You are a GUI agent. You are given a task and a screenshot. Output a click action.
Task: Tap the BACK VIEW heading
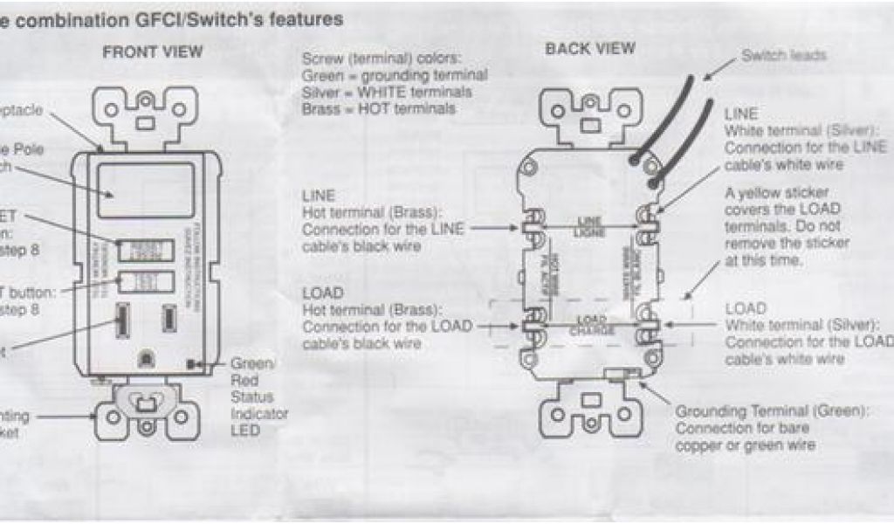point(591,49)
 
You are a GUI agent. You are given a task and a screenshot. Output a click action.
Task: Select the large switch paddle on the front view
point(146,190)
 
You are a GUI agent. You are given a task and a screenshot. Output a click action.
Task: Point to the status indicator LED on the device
point(190,362)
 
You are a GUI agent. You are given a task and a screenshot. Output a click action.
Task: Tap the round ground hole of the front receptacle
point(146,357)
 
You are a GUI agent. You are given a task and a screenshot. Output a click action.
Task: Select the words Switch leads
point(783,55)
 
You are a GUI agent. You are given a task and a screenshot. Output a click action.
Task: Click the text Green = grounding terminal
point(394,75)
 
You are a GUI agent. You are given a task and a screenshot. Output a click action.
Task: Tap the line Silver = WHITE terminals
point(387,92)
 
